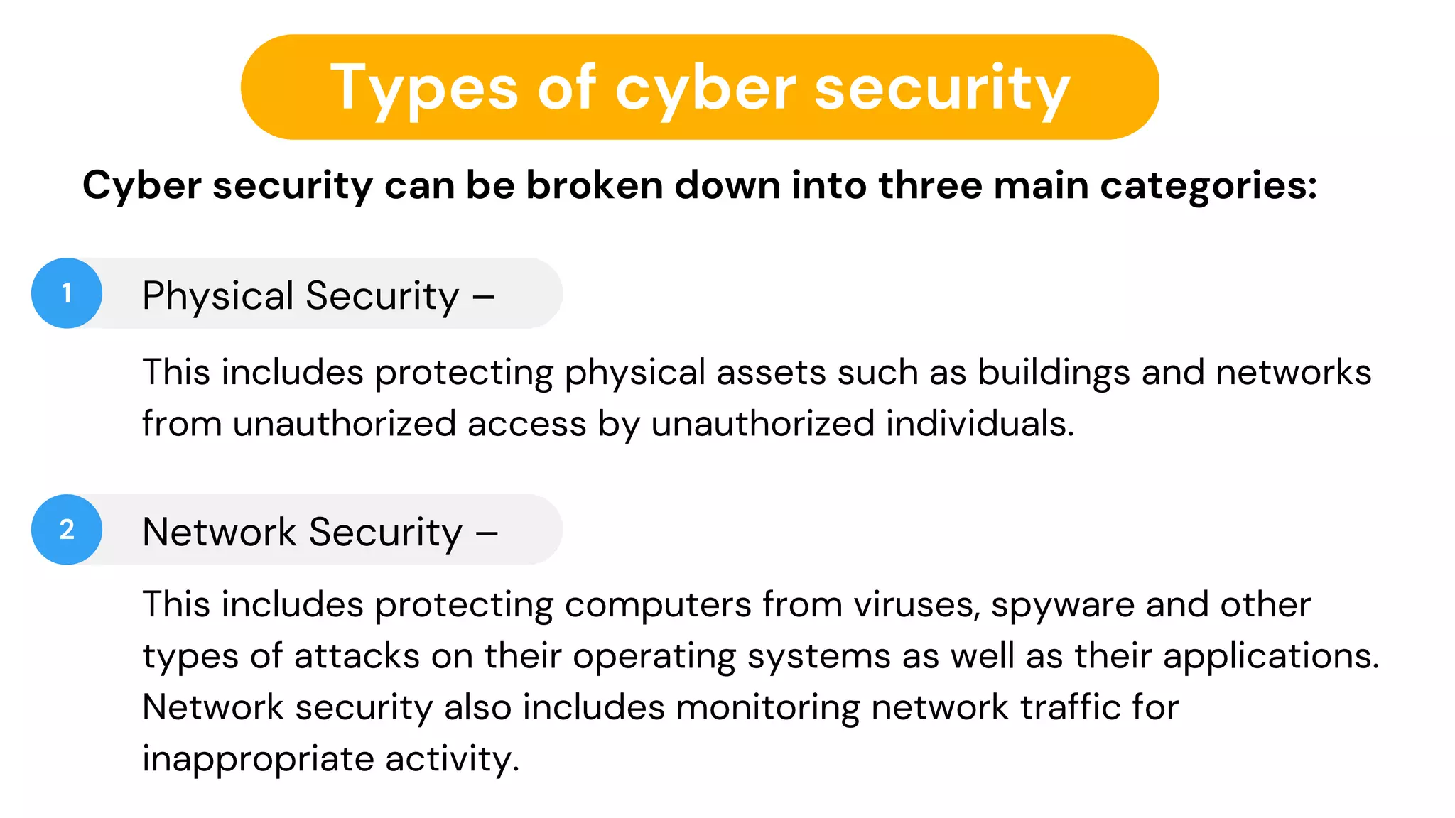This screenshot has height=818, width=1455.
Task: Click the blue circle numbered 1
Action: pos(67,293)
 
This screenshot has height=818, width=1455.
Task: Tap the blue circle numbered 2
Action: pos(67,530)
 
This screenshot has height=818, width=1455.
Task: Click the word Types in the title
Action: pos(424,88)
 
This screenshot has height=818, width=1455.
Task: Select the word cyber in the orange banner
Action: pos(705,89)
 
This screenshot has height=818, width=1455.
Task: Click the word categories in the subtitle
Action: pos(1208,187)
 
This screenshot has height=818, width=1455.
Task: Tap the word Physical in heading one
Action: pos(217,296)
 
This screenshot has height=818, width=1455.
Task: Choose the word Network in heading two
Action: pos(219,532)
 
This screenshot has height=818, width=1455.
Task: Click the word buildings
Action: pos(1054,373)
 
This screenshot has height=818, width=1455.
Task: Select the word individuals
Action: pos(980,423)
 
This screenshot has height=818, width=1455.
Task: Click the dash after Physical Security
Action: pos(484,297)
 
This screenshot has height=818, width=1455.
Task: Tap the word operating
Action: pos(654,657)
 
